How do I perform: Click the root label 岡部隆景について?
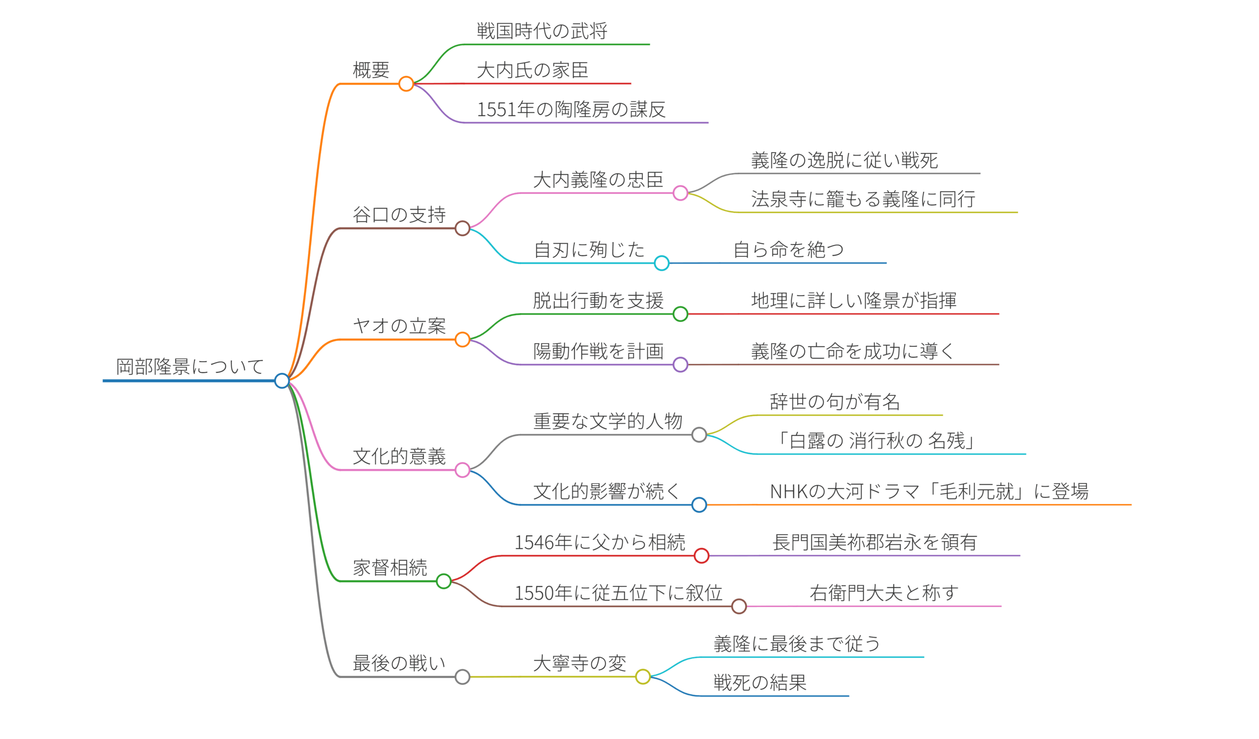point(190,367)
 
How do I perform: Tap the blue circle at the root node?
point(282,381)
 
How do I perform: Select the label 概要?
point(371,70)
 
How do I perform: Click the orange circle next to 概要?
point(406,84)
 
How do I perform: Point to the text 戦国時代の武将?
point(541,31)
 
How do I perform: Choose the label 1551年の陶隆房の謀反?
point(571,109)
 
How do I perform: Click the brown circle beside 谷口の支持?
point(462,228)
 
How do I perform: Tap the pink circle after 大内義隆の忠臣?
point(680,193)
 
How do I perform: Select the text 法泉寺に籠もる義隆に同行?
point(863,199)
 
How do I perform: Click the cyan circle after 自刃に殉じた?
point(661,263)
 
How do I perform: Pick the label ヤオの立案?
point(399,326)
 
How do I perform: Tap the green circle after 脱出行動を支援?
point(680,314)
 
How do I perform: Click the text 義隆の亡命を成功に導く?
point(852,351)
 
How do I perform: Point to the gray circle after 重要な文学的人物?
point(699,435)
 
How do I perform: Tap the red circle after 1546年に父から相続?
point(701,555)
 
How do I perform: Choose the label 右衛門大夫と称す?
point(884,593)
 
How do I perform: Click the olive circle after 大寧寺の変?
point(642,677)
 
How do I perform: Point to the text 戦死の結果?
point(759,682)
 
